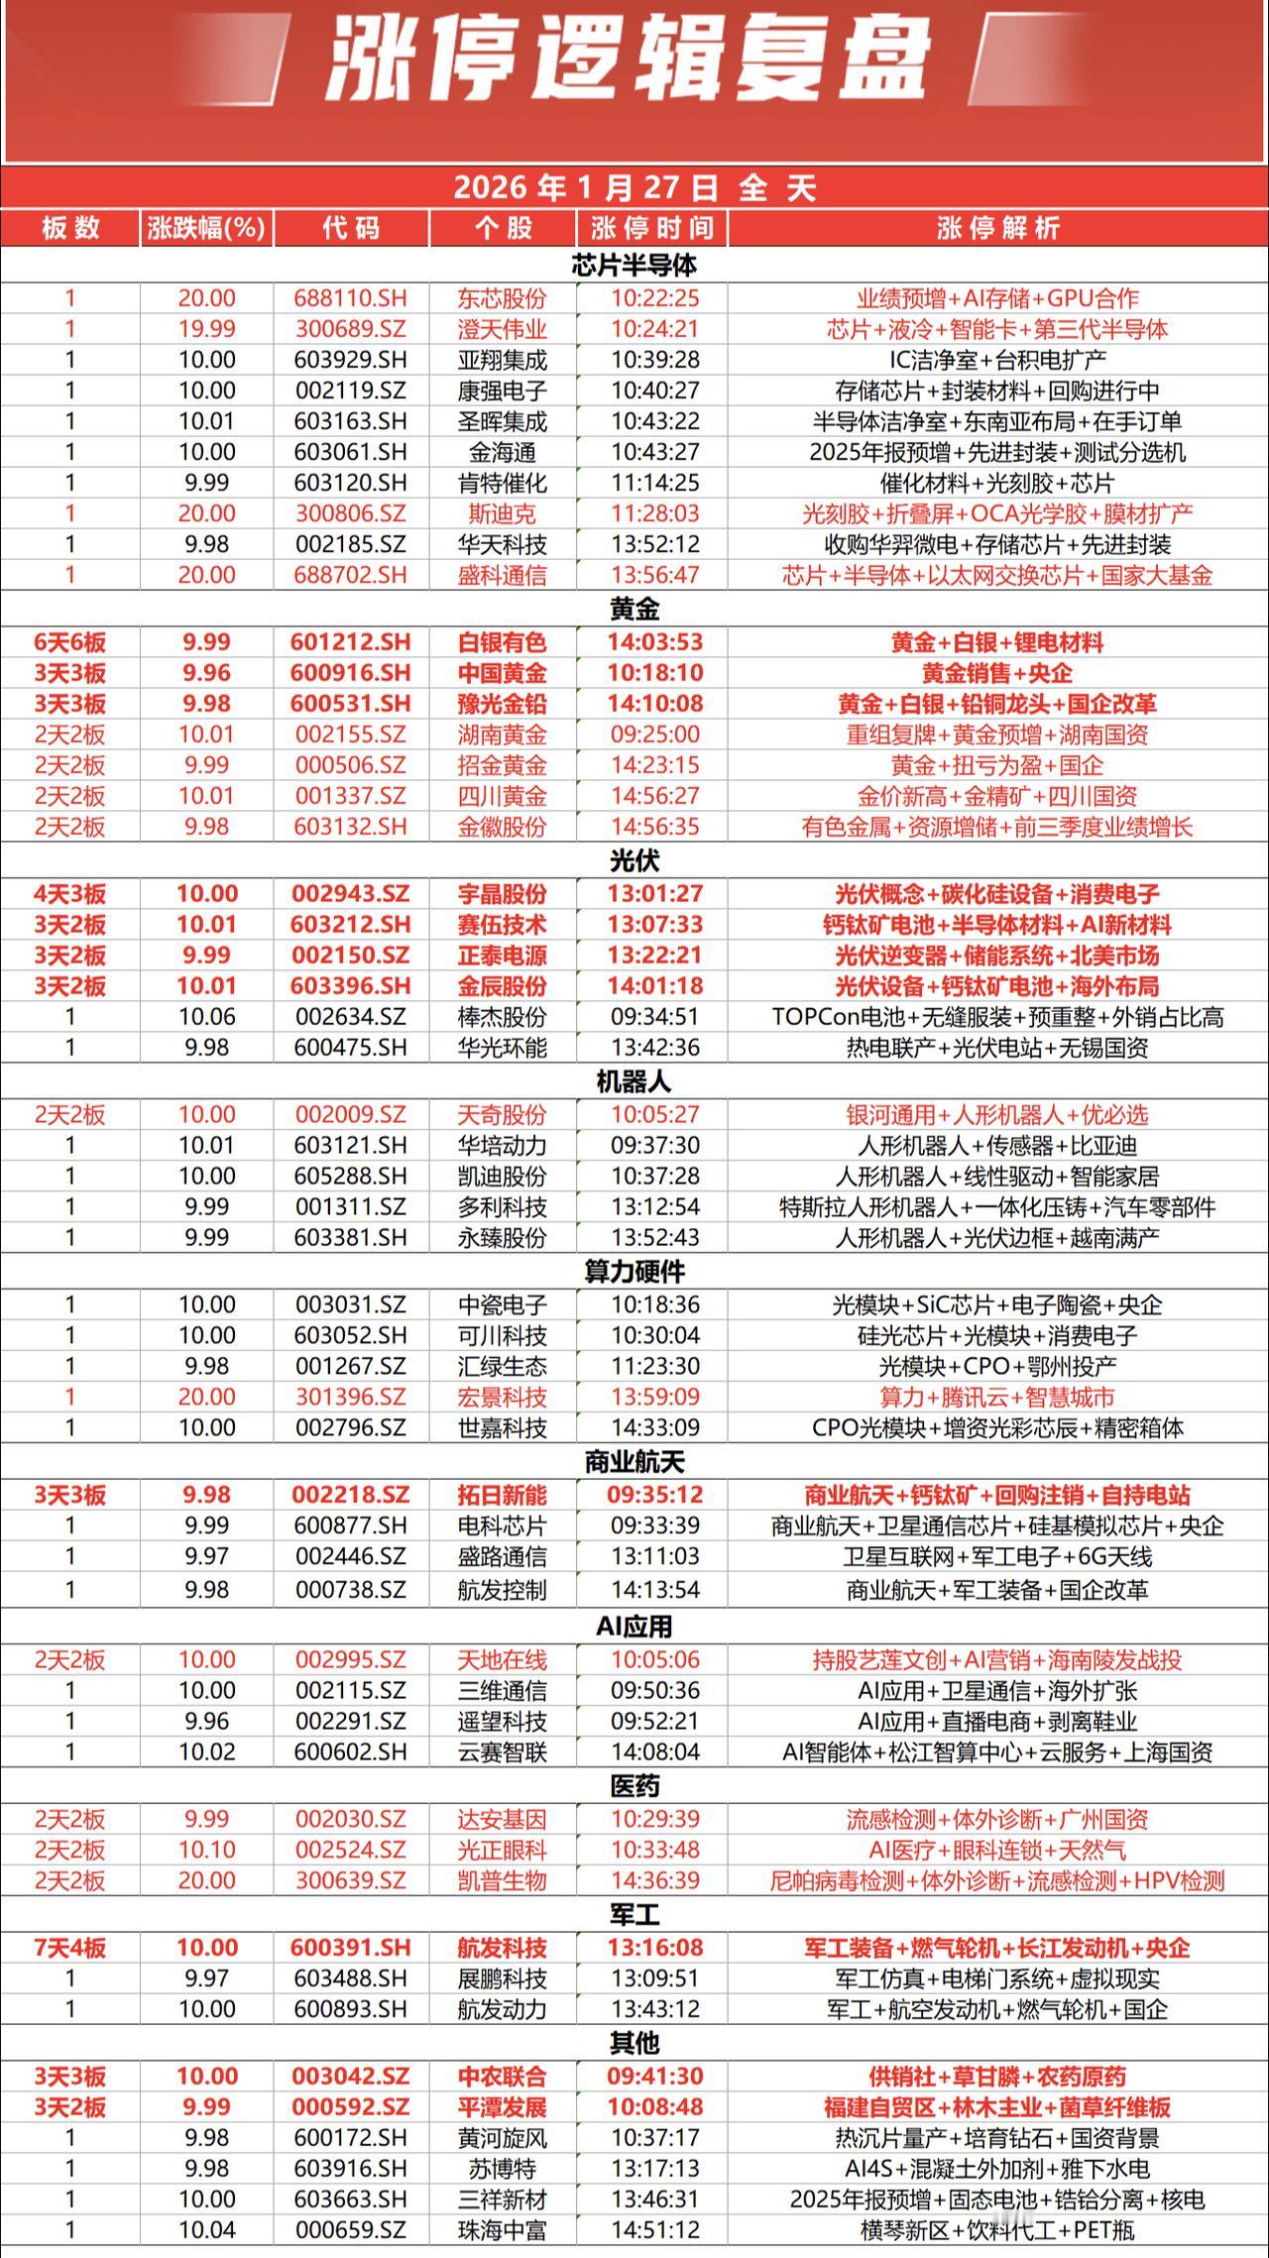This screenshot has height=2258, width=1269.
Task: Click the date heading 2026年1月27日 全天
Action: click(634, 187)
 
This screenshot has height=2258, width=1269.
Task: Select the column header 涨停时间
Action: click(651, 228)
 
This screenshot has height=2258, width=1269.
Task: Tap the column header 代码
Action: click(351, 228)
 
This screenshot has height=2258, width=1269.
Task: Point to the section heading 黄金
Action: click(634, 608)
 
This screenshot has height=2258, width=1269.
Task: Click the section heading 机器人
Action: click(634, 1081)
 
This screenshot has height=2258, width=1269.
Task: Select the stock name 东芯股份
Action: click(503, 298)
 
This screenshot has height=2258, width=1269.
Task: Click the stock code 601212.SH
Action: click(351, 642)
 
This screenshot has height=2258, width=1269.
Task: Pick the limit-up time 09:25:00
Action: click(654, 734)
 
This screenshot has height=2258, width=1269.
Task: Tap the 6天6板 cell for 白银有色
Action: click(69, 642)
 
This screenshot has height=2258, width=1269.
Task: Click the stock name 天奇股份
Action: click(503, 1114)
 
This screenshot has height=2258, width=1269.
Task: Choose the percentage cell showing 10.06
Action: click(206, 1017)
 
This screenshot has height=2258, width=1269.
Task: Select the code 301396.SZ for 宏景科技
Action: click(351, 1397)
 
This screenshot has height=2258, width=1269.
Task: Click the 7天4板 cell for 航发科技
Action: click(69, 1948)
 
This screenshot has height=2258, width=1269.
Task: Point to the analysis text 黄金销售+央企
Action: click(996, 673)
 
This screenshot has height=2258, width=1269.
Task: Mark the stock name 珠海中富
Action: click(503, 2230)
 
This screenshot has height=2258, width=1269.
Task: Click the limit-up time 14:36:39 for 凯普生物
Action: click(654, 1880)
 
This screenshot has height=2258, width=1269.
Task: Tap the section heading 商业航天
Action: click(634, 1462)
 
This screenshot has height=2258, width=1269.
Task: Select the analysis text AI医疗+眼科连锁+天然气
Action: click(996, 1850)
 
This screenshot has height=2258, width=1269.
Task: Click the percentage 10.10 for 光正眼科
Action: click(206, 1850)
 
